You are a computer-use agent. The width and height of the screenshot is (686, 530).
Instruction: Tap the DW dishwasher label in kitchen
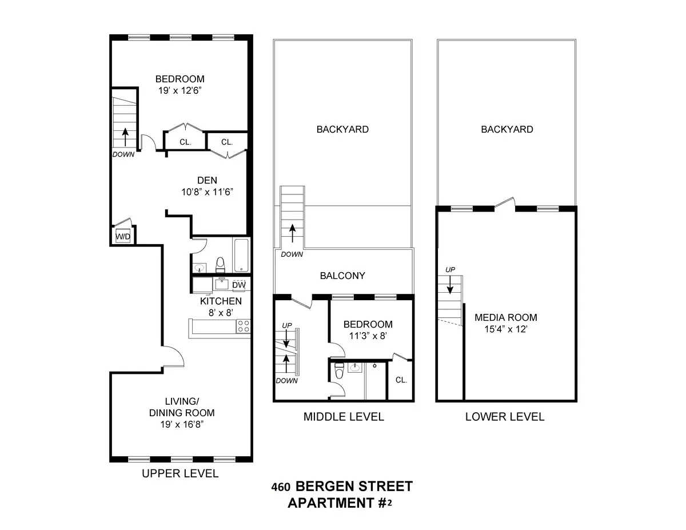point(239,285)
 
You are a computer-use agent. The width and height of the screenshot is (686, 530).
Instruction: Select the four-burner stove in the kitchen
point(244,326)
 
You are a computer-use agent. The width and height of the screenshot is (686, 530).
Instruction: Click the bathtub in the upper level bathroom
point(241,256)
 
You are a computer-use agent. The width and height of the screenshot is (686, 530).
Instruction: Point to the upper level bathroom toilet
point(220,264)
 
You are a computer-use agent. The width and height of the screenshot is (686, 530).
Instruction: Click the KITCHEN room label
point(221,301)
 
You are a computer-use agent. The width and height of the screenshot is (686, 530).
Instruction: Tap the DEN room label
point(206,181)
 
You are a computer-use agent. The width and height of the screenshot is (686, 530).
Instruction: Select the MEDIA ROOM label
point(505,318)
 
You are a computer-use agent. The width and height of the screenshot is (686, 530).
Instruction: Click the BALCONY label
point(342,276)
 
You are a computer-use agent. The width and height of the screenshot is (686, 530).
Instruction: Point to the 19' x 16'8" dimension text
point(182,424)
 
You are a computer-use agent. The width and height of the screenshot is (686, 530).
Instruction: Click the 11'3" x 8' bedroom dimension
point(371,336)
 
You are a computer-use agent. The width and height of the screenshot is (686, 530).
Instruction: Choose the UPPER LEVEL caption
point(180,473)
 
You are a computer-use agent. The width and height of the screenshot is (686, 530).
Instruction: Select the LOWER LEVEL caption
point(505,417)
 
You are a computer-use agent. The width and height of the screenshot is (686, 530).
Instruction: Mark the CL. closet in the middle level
point(401,380)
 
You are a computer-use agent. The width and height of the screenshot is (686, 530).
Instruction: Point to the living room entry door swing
point(173,357)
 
